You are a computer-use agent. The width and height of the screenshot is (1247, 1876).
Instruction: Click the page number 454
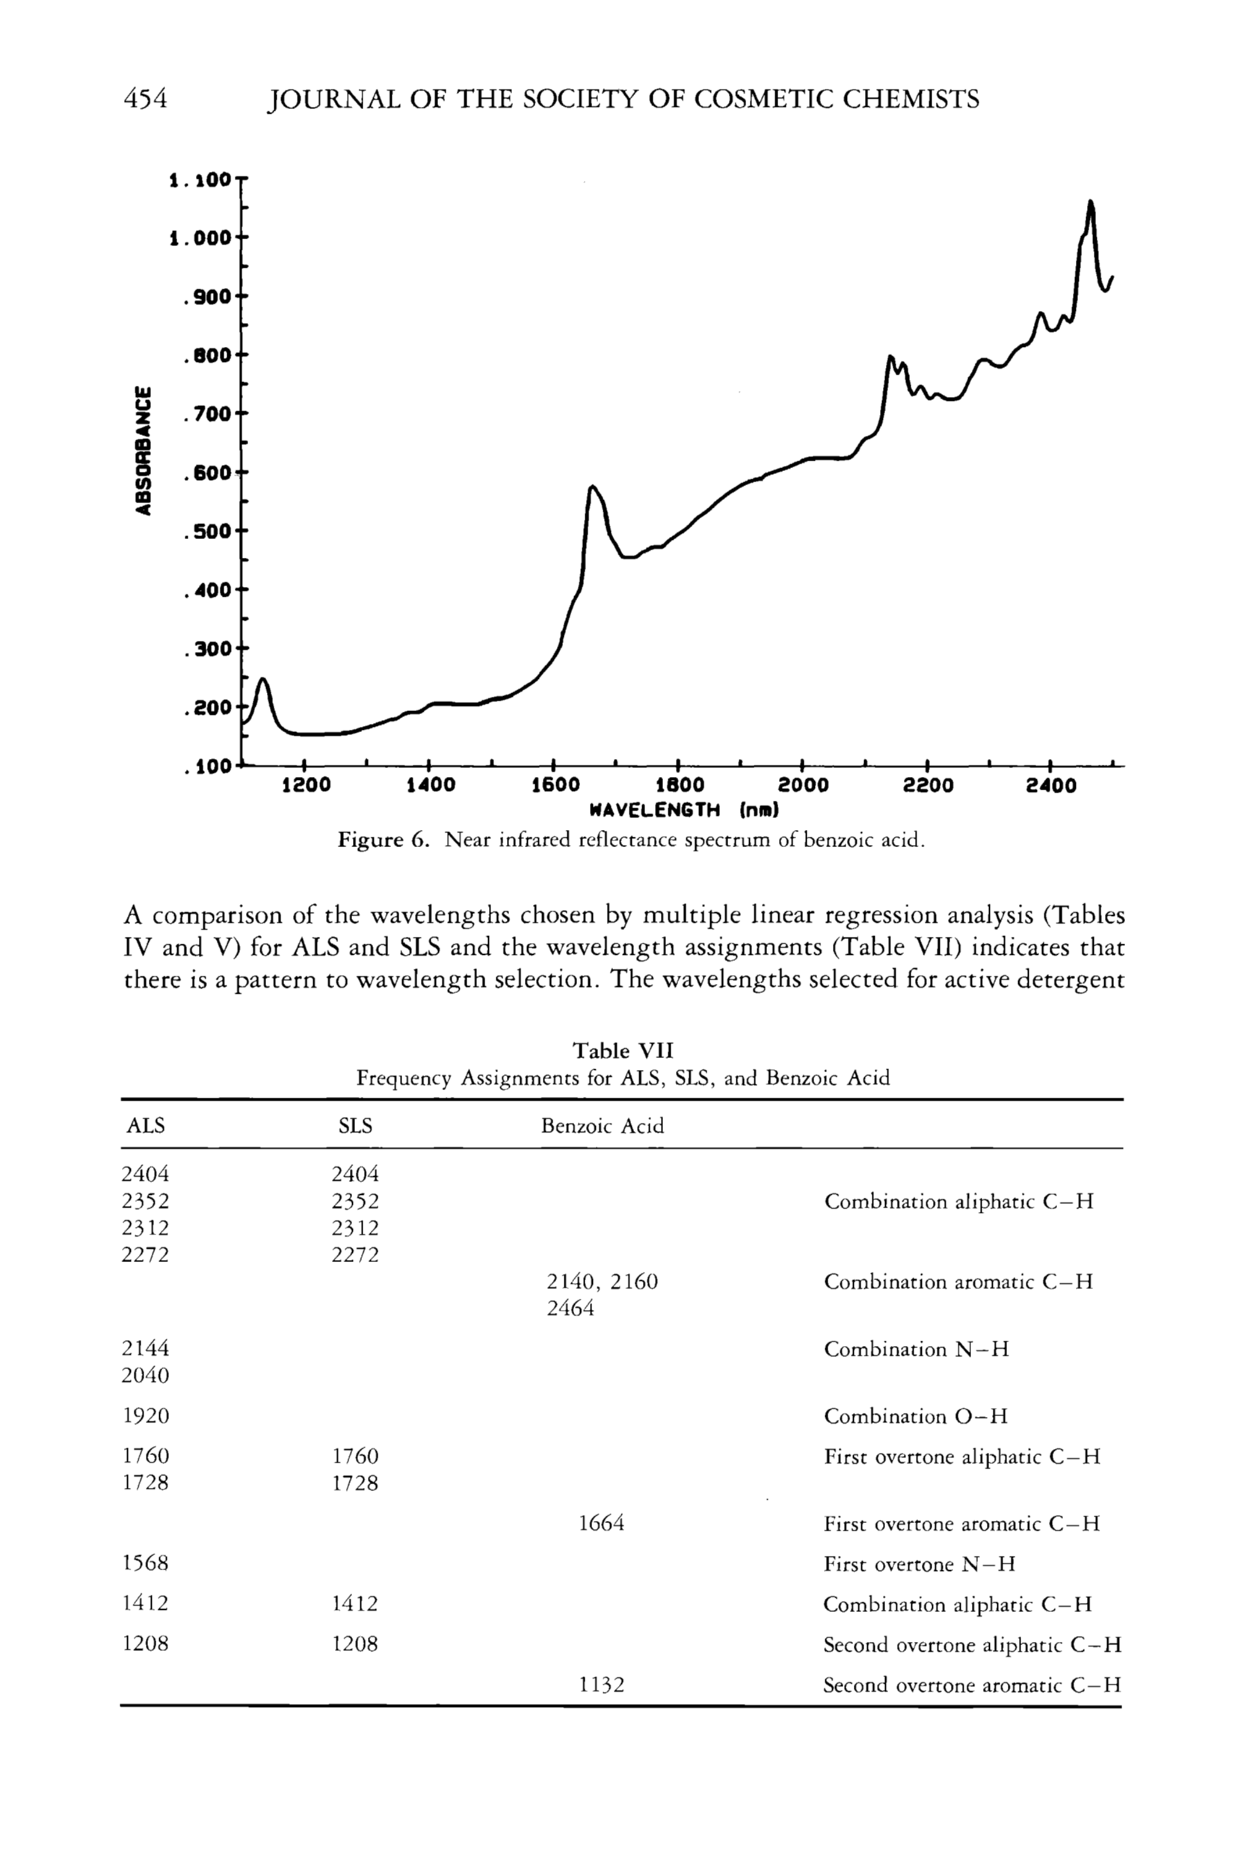click(147, 99)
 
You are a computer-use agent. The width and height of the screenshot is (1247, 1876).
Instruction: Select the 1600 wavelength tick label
click(554, 786)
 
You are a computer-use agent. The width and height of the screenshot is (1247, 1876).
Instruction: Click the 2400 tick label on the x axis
click(1050, 786)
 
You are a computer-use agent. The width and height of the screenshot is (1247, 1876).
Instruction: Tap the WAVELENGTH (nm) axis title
click(683, 811)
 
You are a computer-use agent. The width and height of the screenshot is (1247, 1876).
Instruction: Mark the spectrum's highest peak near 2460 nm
click(1090, 202)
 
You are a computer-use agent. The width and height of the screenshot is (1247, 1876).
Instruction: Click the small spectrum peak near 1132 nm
click(263, 680)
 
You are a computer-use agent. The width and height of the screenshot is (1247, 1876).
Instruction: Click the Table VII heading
click(623, 1051)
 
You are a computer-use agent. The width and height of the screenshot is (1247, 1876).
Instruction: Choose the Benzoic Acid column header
click(602, 1125)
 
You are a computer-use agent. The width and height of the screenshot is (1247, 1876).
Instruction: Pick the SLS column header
click(354, 1125)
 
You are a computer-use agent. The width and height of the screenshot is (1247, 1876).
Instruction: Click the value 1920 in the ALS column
click(146, 1415)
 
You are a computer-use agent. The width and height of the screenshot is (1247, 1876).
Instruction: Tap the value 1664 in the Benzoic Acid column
click(601, 1523)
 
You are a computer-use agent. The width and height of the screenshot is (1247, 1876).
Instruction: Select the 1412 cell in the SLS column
click(354, 1604)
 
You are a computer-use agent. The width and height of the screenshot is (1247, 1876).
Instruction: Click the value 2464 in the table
click(570, 1308)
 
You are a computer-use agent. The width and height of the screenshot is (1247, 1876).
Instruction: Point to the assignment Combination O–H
click(915, 1415)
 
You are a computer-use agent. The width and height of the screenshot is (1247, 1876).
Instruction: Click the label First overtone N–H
click(920, 1563)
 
